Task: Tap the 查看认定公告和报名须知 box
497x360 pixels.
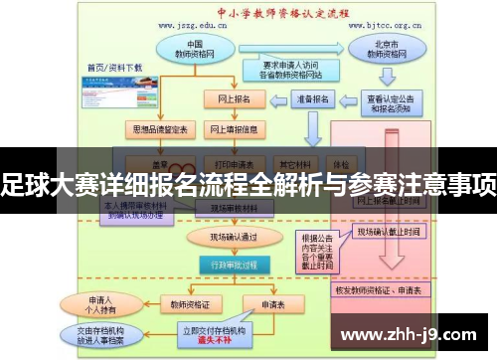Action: [x=396, y=105]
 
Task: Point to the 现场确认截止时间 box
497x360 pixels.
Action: [x=389, y=233]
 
